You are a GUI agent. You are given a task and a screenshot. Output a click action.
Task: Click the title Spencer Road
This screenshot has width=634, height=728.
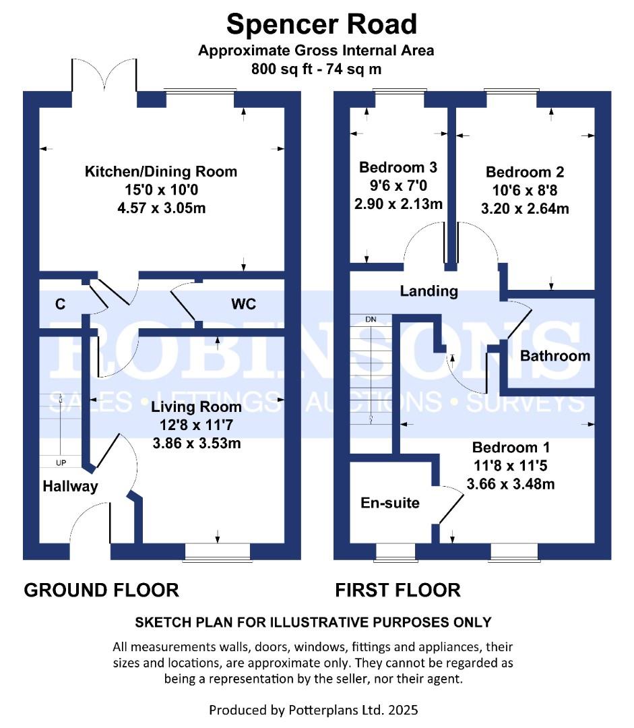pyautogui.click(x=321, y=24)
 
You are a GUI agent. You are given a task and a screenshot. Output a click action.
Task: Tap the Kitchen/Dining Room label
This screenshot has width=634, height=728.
pyautogui.click(x=160, y=171)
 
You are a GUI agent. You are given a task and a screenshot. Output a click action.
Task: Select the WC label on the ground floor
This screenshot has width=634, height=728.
pyautogui.click(x=243, y=304)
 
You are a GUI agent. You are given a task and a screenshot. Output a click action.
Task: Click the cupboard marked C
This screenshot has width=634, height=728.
pyautogui.click(x=60, y=305)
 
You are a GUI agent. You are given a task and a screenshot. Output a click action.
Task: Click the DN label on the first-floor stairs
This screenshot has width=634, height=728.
pyautogui.click(x=370, y=319)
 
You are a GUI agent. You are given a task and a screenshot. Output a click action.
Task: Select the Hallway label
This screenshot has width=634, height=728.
pyautogui.click(x=70, y=486)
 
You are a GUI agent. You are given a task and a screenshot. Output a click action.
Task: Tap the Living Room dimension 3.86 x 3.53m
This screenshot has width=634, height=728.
pyautogui.click(x=195, y=444)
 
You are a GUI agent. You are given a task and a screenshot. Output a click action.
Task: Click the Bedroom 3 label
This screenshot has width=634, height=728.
pyautogui.click(x=398, y=167)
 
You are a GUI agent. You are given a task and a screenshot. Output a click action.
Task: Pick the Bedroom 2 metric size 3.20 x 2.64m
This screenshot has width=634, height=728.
pyautogui.click(x=525, y=208)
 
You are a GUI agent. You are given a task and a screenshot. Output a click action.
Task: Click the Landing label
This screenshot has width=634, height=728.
pyautogui.click(x=429, y=291)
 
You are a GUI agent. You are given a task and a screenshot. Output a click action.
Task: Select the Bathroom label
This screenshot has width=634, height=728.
pyautogui.click(x=555, y=355)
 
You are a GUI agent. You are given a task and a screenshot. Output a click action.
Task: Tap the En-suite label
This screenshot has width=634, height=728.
pyautogui.click(x=390, y=503)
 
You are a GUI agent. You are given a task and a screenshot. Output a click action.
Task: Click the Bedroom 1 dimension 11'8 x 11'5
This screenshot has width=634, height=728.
pyautogui.click(x=511, y=465)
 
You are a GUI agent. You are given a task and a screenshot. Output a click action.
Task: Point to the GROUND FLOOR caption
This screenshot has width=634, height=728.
pyautogui.click(x=101, y=590)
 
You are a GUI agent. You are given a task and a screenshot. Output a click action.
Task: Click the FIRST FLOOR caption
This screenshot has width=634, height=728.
pyautogui.click(x=398, y=590)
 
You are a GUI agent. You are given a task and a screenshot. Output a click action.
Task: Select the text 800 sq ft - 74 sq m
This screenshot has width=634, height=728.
pyautogui.click(x=316, y=68)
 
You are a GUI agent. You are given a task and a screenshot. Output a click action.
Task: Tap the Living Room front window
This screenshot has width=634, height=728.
pyautogui.click(x=217, y=552)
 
